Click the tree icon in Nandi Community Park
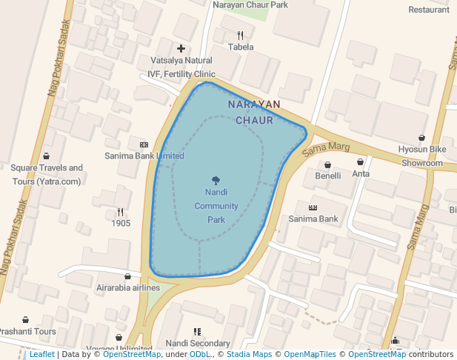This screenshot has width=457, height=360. pyautogui.click(x=216, y=180)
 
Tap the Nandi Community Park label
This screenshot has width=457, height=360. pyautogui.click(x=216, y=205)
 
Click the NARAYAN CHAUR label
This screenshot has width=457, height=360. pyautogui.click(x=254, y=112)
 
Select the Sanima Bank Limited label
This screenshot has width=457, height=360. pyautogui.click(x=144, y=156)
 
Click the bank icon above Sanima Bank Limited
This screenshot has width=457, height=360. pyautogui.click(x=144, y=144)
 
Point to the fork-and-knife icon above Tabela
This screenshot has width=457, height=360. pyautogui.click(x=240, y=35)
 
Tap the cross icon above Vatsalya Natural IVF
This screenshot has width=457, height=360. pyautogui.click(x=181, y=48)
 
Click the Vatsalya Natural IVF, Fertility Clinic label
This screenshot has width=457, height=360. pyautogui.click(x=181, y=67)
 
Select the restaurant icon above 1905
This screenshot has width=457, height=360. pyautogui.click(x=120, y=212)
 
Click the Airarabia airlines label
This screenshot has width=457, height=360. pyautogui.click(x=128, y=287)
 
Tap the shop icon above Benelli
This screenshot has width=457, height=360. pyautogui.click(x=327, y=164)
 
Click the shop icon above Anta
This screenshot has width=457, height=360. pyautogui.click(x=361, y=161)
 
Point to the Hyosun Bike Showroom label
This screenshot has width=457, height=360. pyautogui.click(x=422, y=156)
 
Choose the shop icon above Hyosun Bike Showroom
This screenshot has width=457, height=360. pyautogui.click(x=422, y=137)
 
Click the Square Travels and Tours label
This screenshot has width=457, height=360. pyautogui.click(x=47, y=175)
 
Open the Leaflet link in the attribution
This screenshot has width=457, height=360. pyautogui.click(x=41, y=355)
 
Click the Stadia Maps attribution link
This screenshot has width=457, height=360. pyautogui.click(x=249, y=355)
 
